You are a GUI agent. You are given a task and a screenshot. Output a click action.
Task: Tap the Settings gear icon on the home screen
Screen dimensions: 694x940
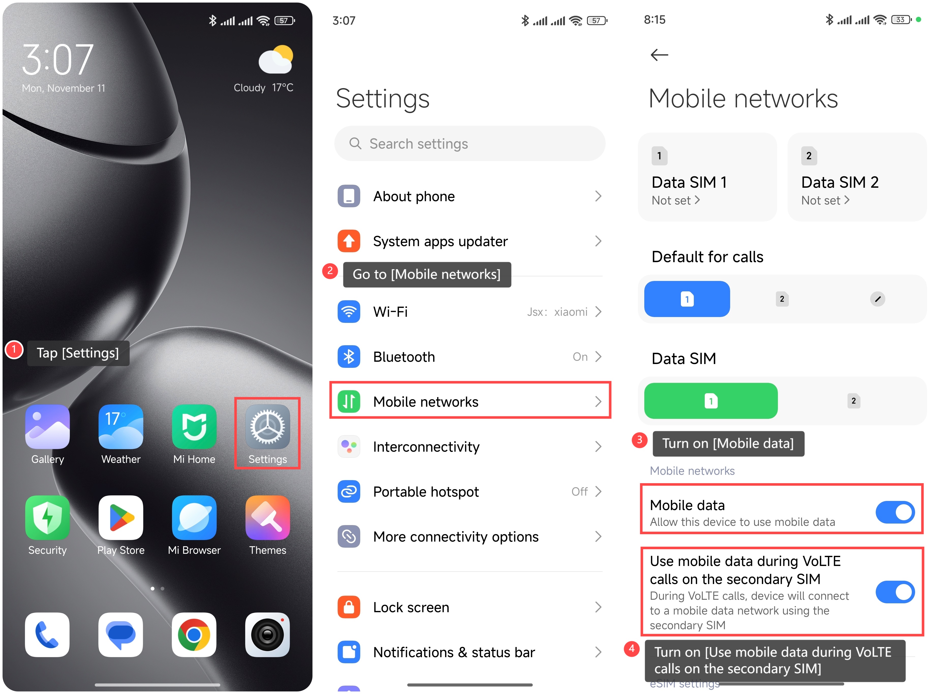(x=268, y=427)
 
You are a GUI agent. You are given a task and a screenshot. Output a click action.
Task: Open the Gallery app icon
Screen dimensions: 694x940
(x=48, y=427)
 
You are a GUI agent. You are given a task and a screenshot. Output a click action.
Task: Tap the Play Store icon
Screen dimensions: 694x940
(x=121, y=517)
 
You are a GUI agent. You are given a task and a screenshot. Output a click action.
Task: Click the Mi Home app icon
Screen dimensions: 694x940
(x=194, y=427)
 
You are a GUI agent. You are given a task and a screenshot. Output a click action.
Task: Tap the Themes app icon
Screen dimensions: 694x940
(x=268, y=517)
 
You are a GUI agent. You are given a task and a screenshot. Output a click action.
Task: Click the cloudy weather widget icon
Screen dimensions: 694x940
(x=276, y=60)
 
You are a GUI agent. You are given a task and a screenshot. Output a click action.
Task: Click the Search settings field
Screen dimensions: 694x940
(x=469, y=144)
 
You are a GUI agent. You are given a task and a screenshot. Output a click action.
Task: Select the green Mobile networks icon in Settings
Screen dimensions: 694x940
(x=349, y=402)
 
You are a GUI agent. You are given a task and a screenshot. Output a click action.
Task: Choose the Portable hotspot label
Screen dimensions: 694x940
(x=426, y=492)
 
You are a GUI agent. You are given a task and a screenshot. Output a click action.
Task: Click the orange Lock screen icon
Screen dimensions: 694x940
(x=349, y=607)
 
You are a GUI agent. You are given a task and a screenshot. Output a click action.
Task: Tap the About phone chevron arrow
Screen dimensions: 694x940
(x=598, y=196)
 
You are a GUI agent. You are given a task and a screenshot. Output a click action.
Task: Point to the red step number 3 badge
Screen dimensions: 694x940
(x=639, y=440)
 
